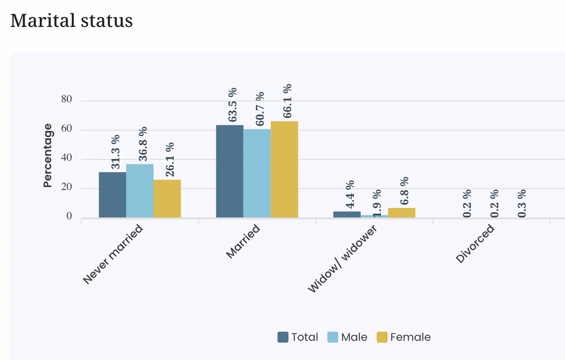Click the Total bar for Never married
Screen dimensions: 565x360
113,195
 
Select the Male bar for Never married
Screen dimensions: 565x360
140,191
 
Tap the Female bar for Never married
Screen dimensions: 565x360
167,198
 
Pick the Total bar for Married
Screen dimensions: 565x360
230,171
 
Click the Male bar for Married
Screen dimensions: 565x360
257,173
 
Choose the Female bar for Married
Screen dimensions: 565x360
285,169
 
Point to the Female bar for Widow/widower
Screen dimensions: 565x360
402,213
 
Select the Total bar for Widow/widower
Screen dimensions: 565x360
347,214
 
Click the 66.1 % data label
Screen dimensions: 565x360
287,101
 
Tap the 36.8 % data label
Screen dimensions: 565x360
143,144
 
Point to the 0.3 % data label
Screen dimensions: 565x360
522,203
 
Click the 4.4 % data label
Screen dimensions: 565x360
350,195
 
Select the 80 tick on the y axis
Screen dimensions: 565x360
67,99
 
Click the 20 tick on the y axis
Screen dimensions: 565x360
67,187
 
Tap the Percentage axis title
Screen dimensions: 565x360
47,155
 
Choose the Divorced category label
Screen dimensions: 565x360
475,244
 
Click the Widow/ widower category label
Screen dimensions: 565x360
342,259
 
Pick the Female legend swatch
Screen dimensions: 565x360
382,337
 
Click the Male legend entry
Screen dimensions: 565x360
348,337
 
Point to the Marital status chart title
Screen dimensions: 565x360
71,20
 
